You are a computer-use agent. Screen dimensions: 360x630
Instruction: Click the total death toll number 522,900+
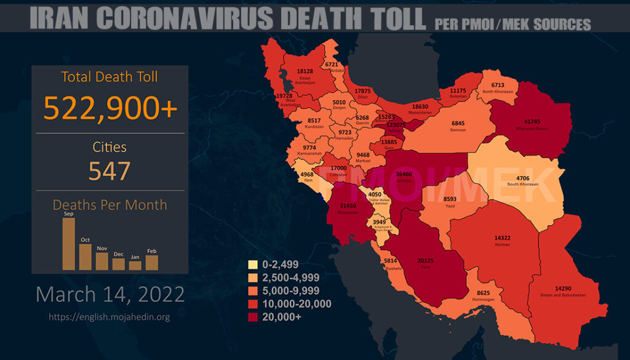(x=110, y=108)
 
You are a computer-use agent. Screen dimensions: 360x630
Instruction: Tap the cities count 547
(x=110, y=170)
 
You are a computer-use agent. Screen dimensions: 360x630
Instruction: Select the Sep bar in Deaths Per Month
(x=68, y=244)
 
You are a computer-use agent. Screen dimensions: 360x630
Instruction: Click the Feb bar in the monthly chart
(x=151, y=262)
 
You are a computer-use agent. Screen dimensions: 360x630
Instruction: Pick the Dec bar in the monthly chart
(x=118, y=264)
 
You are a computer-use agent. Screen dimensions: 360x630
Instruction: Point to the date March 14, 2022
(x=110, y=294)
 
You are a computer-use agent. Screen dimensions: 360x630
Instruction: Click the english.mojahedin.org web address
(x=110, y=317)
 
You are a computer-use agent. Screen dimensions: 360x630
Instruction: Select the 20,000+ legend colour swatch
(x=252, y=317)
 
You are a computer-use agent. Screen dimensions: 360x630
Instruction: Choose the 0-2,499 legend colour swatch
(x=252, y=265)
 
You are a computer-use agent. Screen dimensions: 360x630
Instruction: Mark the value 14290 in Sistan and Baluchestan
(x=559, y=289)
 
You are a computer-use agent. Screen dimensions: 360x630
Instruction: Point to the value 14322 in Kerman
(x=503, y=238)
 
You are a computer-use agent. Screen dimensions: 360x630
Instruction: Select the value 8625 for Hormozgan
(x=484, y=293)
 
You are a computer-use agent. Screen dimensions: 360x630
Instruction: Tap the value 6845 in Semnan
(x=458, y=123)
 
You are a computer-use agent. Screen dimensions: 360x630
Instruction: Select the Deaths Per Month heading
(x=110, y=205)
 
